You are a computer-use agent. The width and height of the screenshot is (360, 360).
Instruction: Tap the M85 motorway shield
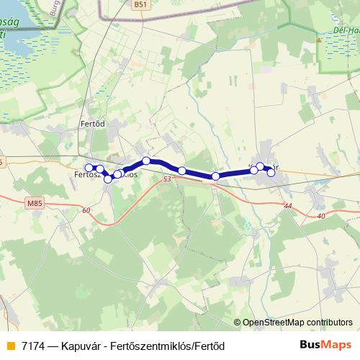tap(34, 204)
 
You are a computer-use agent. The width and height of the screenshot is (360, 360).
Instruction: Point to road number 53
tap(168, 179)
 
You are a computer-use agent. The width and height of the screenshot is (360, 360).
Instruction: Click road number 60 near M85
tap(86, 210)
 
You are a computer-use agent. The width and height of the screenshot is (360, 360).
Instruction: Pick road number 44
tap(288, 206)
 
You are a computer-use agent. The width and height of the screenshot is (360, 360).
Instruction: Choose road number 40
tap(320, 215)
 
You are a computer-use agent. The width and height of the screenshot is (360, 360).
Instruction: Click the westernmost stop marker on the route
tap(89, 168)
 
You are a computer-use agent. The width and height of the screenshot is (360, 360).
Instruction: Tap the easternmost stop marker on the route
tap(271, 172)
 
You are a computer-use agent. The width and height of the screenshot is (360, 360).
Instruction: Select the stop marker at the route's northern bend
tap(146, 161)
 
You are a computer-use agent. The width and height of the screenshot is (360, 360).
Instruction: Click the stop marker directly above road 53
tap(182, 171)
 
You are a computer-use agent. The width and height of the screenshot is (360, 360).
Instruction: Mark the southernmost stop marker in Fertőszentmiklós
tap(108, 179)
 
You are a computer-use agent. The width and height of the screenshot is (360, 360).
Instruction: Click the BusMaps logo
tap(325, 345)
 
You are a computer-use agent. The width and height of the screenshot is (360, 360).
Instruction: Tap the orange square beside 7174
tap(10, 346)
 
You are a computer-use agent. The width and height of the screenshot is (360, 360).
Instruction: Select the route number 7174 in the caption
tap(35, 346)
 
